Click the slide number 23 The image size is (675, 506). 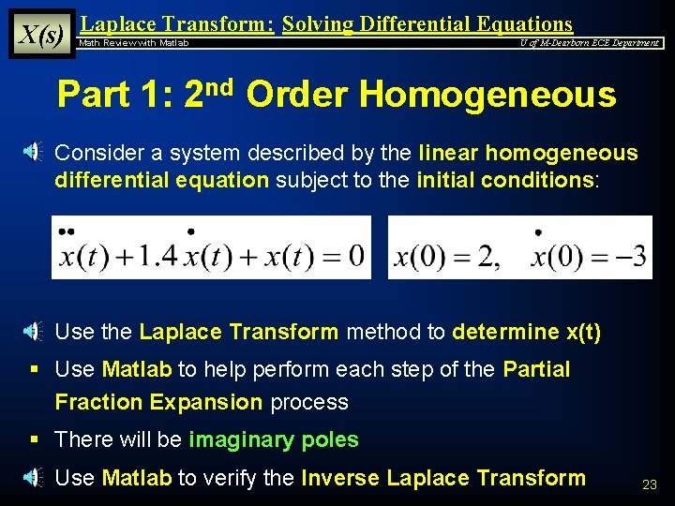[x=649, y=484]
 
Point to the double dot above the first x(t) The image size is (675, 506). [x=66, y=231]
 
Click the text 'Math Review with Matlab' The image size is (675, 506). [x=134, y=43]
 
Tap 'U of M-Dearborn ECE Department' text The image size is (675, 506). [x=590, y=43]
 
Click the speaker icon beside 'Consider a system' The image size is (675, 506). [x=31, y=152]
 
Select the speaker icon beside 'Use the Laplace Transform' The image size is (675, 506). [x=31, y=331]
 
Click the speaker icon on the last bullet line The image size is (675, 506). [x=31, y=478]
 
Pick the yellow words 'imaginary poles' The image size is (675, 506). [x=274, y=439]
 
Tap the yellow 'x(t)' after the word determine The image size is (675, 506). [x=583, y=332]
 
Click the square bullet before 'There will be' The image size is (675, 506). [x=33, y=439]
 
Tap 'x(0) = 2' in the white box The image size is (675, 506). [x=448, y=256]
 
